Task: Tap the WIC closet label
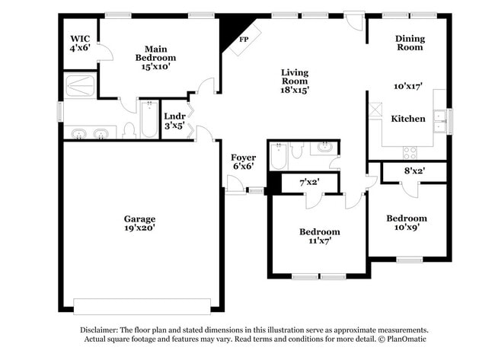click(x=80, y=43)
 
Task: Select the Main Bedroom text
click(x=155, y=57)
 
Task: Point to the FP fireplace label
click(x=244, y=39)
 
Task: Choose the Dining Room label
click(x=409, y=43)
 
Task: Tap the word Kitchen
click(x=408, y=119)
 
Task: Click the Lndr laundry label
click(x=175, y=121)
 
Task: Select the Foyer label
click(x=243, y=161)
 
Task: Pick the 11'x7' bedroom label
click(x=319, y=236)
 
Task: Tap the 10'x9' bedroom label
click(x=407, y=222)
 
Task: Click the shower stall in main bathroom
click(x=80, y=86)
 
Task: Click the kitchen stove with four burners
click(x=410, y=151)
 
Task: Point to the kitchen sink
click(x=439, y=117)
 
